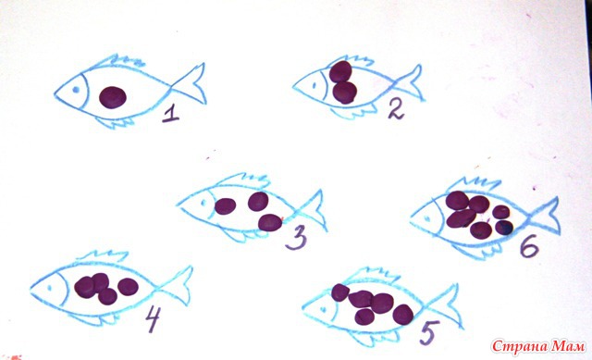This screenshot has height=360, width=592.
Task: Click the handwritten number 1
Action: pos(170,114)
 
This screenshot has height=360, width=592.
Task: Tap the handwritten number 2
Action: pos(395,110)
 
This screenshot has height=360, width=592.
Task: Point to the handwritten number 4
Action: pos(153,319)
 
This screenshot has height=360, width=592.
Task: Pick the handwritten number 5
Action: pos(429,332)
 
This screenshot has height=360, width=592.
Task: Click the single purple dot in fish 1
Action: pos(113,97)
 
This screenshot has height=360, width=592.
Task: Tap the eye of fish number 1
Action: pos(75,90)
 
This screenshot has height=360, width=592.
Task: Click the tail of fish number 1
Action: pos(191,85)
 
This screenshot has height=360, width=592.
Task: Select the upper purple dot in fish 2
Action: pos(340,71)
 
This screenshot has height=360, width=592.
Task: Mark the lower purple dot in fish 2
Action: pos(345,93)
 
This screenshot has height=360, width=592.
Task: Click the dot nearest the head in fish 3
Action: pos(226,205)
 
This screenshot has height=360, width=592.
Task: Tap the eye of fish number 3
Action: pos(203,204)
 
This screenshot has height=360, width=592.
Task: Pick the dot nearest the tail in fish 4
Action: pos(128,287)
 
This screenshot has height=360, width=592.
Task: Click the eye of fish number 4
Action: pos(49,288)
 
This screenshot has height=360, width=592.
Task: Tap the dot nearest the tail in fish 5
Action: pos(403,315)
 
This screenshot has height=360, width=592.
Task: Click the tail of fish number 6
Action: pos(544,216)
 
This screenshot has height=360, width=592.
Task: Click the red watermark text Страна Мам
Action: pos(538,346)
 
